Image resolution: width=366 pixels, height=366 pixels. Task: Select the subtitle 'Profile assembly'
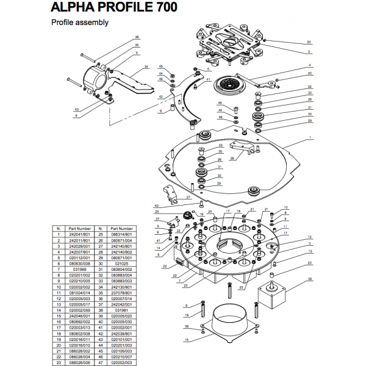point(79,23)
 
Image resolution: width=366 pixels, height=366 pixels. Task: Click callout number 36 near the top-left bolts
point(137,38)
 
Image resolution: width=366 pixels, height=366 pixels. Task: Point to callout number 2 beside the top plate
point(309,52)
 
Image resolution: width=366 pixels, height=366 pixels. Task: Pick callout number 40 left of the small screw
point(157,206)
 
